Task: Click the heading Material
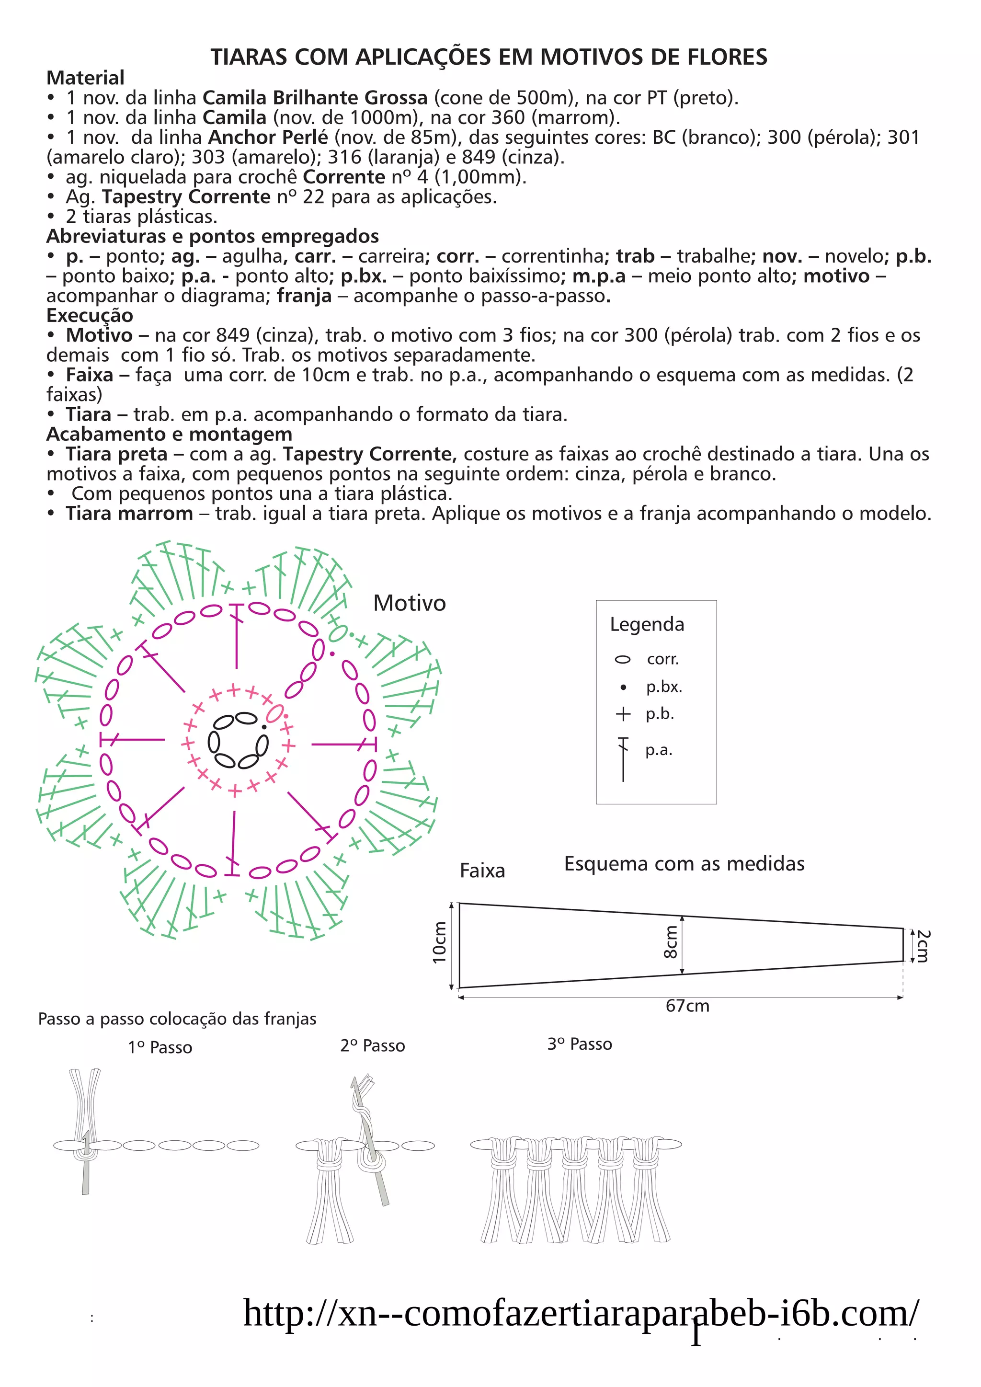tap(85, 78)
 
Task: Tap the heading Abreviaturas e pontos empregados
tap(212, 236)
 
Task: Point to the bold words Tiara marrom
tap(129, 514)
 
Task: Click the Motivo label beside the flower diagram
tap(409, 603)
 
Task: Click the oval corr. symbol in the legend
tap(622, 659)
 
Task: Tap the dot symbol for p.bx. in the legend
tap(623, 688)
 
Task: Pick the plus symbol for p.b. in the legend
tap(623, 714)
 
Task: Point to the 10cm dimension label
tap(439, 942)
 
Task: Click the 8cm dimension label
tap(671, 942)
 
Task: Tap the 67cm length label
tap(687, 1006)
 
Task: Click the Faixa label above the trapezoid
tap(481, 871)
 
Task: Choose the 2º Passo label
tap(372, 1046)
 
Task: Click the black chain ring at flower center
tap(238, 740)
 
